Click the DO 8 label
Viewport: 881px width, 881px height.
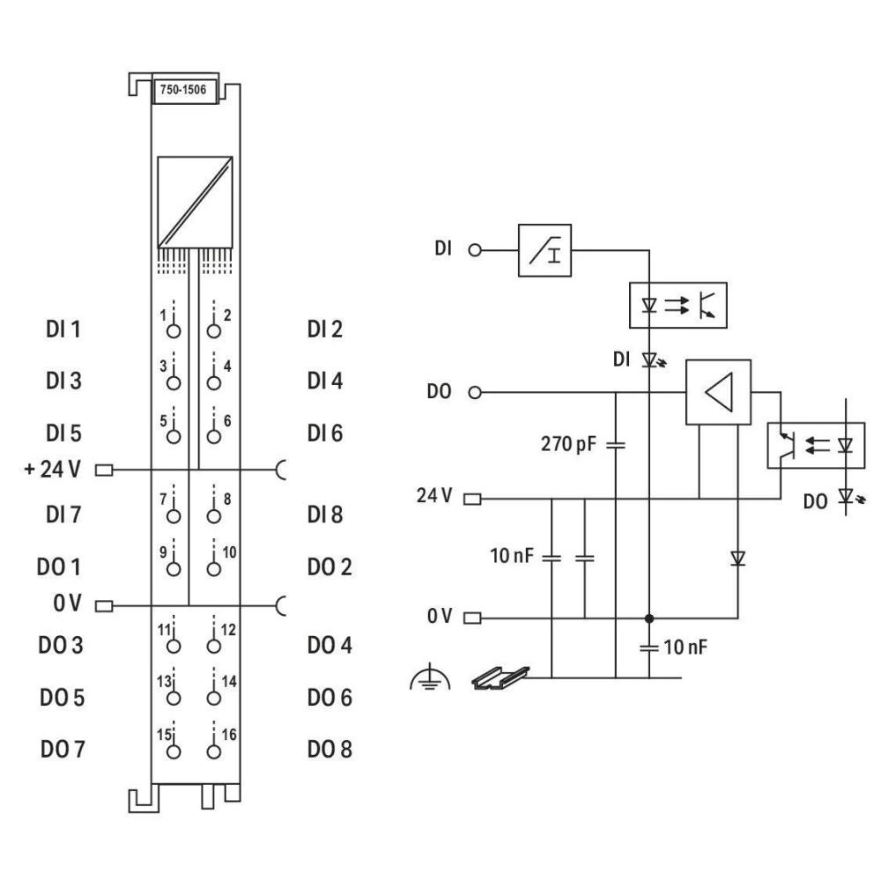[330, 750]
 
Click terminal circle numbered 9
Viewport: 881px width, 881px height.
[174, 567]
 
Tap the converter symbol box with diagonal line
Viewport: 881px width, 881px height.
[195, 202]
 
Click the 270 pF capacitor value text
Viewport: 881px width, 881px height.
[567, 443]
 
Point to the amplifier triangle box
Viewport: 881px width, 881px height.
[717, 392]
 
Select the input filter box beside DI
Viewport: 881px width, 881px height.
[544, 250]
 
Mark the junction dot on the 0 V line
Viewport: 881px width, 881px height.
[649, 618]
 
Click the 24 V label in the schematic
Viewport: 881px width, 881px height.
[434, 497]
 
